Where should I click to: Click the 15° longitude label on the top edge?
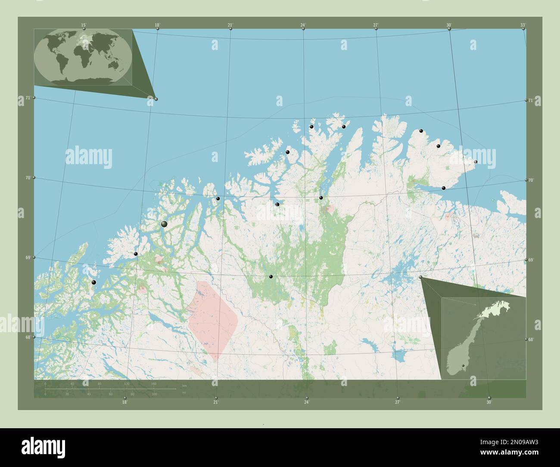(x=84, y=25)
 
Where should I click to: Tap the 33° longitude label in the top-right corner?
(x=523, y=25)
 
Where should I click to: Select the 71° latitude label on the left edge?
(x=28, y=98)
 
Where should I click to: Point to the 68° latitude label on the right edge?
(x=531, y=340)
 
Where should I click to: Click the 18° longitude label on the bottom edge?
(x=124, y=402)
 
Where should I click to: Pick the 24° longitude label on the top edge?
(x=303, y=25)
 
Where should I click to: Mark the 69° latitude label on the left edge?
(x=28, y=257)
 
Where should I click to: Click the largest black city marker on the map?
(x=164, y=224)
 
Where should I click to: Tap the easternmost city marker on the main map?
(x=476, y=162)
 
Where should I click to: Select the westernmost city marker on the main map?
(x=93, y=283)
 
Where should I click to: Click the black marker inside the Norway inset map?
(x=463, y=366)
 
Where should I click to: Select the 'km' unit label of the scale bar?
(x=184, y=385)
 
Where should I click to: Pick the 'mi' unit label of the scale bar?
(x=184, y=392)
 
